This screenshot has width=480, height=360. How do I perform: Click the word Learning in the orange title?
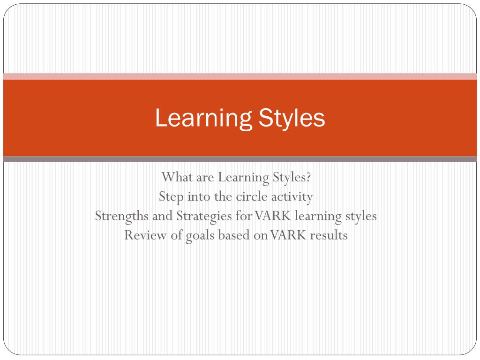click(199, 119)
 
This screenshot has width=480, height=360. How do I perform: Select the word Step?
click(171, 197)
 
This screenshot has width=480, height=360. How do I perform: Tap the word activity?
click(292, 197)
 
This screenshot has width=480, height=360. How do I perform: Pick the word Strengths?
click(121, 216)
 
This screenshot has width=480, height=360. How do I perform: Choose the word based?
click(234, 235)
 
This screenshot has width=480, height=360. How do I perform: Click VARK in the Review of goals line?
click(287, 235)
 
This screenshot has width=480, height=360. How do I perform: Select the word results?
click(328, 235)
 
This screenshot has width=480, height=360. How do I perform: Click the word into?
click(199, 197)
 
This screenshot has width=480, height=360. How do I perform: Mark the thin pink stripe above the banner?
click(240, 76)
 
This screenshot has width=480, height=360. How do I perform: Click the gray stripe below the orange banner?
click(240, 159)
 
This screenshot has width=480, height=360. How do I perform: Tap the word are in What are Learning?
click(204, 178)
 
